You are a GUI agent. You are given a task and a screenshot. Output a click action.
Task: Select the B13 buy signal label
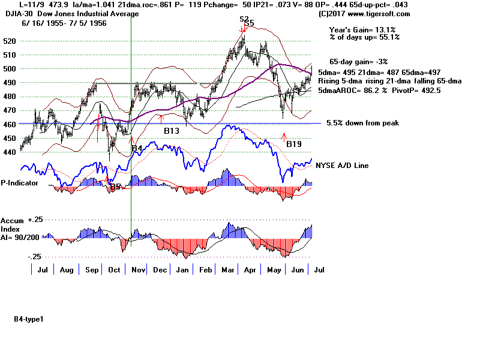coord(172,129)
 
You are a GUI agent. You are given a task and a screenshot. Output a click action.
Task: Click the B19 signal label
coord(293,144)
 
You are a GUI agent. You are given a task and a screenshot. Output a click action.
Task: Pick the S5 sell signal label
coord(249,23)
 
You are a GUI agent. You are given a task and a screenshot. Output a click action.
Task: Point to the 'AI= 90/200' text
coord(22,237)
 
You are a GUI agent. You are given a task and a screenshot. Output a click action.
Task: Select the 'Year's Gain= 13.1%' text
coord(365,29)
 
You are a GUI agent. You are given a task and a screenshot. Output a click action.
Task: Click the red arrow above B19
coord(284,137)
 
